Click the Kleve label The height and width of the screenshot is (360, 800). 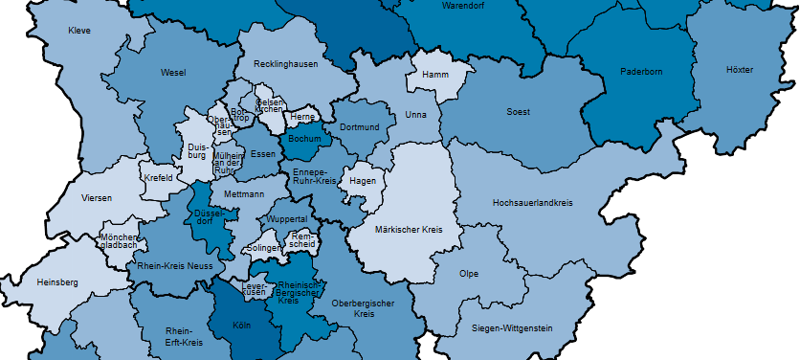(79, 32)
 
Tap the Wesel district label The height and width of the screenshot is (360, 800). (173, 73)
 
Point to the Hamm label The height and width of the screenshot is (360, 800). (436, 73)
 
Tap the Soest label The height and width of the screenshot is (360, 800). (518, 112)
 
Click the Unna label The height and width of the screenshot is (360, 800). (416, 114)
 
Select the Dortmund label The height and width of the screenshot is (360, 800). (360, 127)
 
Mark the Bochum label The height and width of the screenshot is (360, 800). (304, 139)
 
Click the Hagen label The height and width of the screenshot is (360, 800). (364, 180)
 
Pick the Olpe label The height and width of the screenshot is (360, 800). (469, 274)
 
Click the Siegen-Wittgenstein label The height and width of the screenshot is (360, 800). (512, 328)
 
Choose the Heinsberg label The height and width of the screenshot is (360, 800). (56, 282)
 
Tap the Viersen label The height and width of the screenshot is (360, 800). (97, 198)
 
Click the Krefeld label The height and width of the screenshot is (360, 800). (158, 178)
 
